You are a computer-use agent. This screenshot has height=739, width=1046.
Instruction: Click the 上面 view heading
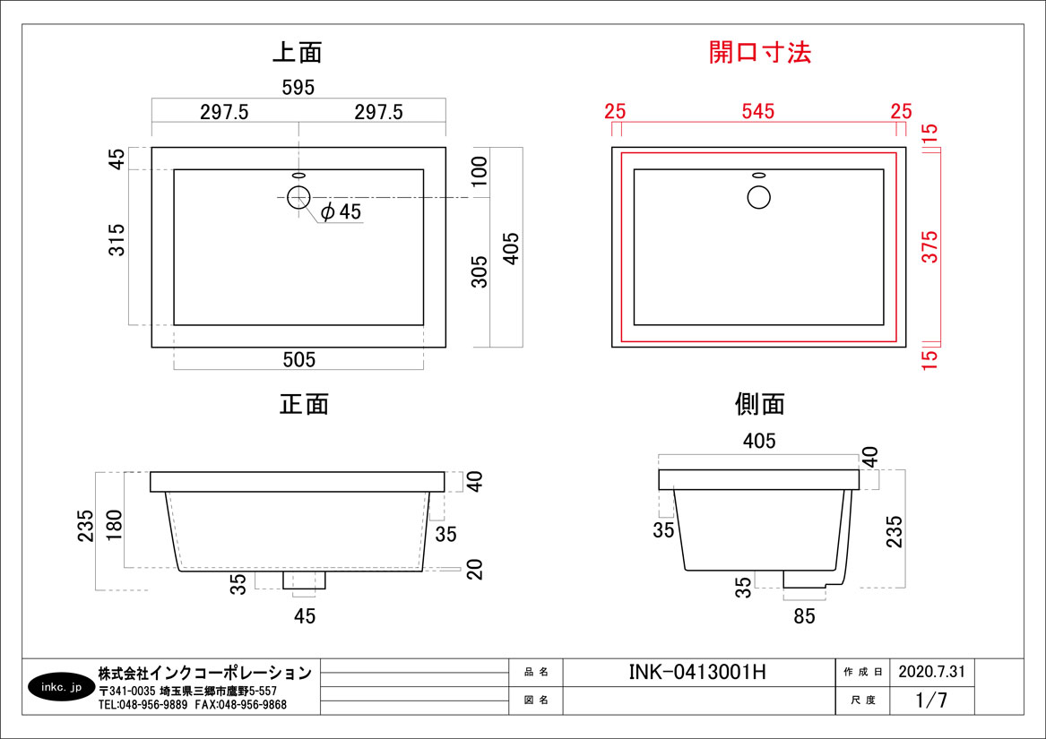coord(298,53)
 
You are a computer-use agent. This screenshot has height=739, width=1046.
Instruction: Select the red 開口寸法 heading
coord(760,52)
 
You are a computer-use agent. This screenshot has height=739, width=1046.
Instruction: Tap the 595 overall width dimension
coord(298,88)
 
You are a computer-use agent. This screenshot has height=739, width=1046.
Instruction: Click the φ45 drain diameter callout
coord(341,211)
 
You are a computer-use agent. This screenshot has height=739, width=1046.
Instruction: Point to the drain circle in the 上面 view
coord(298,197)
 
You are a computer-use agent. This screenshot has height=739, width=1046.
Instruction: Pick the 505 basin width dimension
coord(298,359)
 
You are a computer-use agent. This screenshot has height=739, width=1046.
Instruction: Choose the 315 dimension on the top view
coord(117,240)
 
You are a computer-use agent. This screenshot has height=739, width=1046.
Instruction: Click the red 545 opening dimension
coord(758,111)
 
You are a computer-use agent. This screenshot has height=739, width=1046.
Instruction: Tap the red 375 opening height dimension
coord(929,246)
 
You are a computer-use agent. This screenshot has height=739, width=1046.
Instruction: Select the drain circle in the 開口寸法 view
coord(759,197)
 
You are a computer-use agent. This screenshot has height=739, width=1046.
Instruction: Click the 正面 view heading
coord(304,404)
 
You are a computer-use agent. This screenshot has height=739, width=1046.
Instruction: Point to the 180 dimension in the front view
coord(114,526)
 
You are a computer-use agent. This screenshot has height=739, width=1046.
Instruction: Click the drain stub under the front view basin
coord(304,580)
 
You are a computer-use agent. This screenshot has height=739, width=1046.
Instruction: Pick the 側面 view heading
coord(760,404)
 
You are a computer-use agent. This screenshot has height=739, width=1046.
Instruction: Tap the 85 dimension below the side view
coord(805,616)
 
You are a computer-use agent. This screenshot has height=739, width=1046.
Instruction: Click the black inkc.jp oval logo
coord(61,687)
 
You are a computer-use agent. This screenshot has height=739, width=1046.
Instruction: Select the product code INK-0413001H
coord(697,673)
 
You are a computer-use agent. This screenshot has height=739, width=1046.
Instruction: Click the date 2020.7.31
coord(932,672)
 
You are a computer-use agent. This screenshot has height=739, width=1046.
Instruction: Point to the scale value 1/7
coord(931,700)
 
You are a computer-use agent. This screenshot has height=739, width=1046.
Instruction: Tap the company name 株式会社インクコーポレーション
coord(204,673)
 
